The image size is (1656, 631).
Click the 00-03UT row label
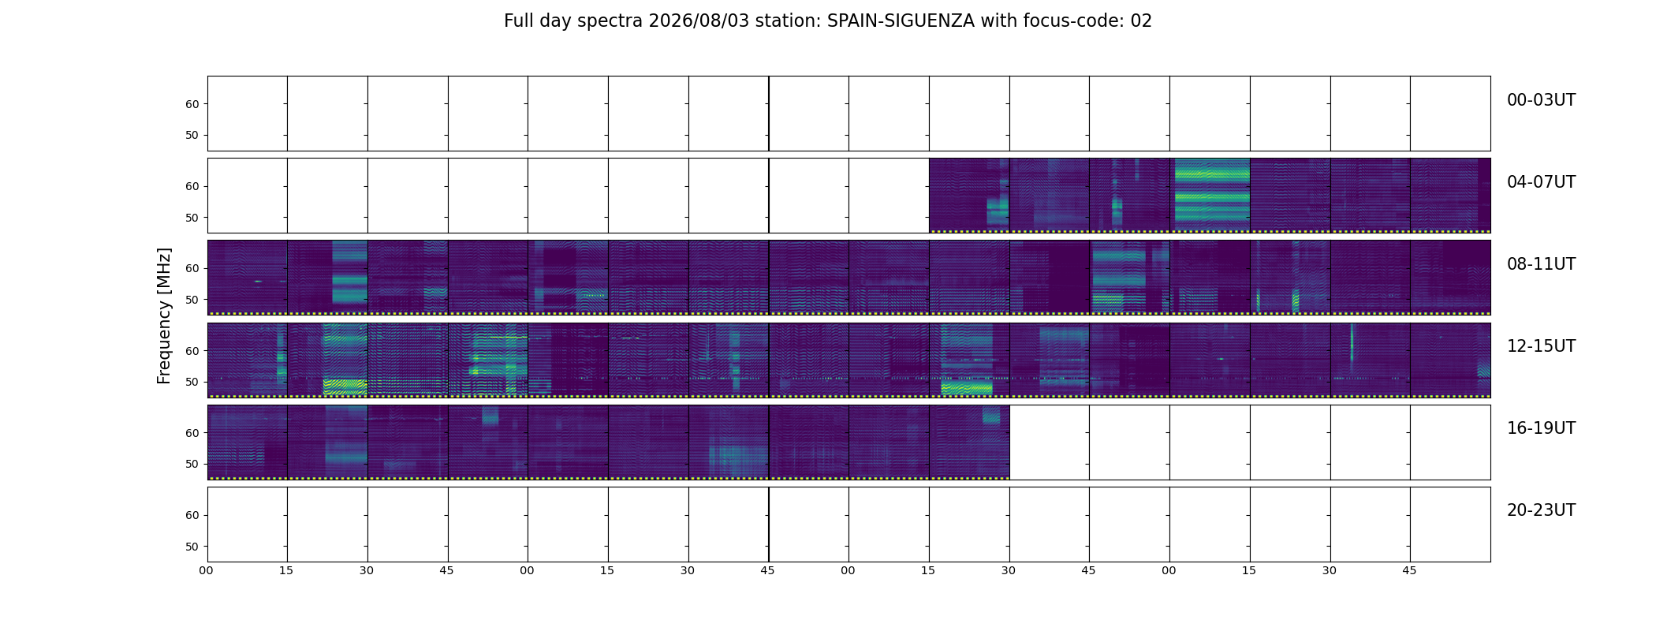[x=1541, y=100]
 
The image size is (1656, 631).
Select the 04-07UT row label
[x=1541, y=182]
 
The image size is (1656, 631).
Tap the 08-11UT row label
[x=1541, y=264]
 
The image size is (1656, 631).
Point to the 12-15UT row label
[x=1541, y=346]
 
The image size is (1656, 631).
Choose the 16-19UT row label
[x=1541, y=428]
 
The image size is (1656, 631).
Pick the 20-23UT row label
[x=1541, y=510]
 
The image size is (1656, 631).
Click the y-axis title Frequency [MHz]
[x=164, y=316]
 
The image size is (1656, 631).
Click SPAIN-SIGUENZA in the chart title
[x=901, y=21]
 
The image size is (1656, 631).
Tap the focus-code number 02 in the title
[x=1141, y=21]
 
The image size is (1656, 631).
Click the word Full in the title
[x=517, y=21]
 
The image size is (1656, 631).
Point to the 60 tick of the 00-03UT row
[x=192, y=104]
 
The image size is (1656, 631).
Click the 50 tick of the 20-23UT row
[x=192, y=547]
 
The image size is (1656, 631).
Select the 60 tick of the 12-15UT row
[x=192, y=351]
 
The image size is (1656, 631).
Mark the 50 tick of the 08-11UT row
[x=192, y=300]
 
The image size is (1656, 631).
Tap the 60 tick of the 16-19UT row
[x=192, y=433]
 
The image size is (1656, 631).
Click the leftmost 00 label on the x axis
[x=206, y=570]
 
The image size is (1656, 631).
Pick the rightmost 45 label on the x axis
[x=1409, y=570]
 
